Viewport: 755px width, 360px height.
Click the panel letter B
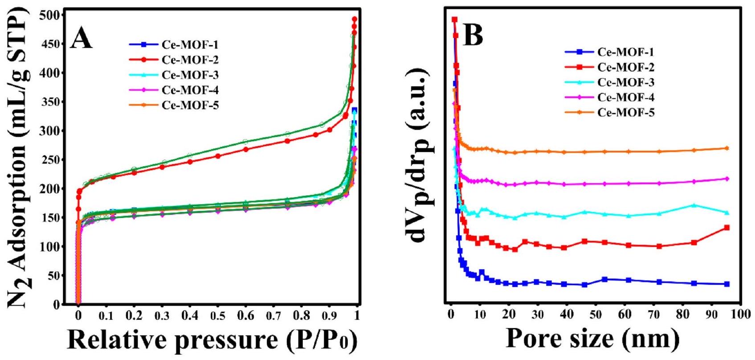tap(473, 36)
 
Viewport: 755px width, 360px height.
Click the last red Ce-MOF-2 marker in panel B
tap(727, 228)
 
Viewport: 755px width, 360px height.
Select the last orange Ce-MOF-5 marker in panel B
tap(727, 148)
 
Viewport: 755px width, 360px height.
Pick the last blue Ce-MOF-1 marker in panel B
tap(727, 284)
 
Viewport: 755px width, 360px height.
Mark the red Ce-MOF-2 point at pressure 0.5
tap(218, 156)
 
